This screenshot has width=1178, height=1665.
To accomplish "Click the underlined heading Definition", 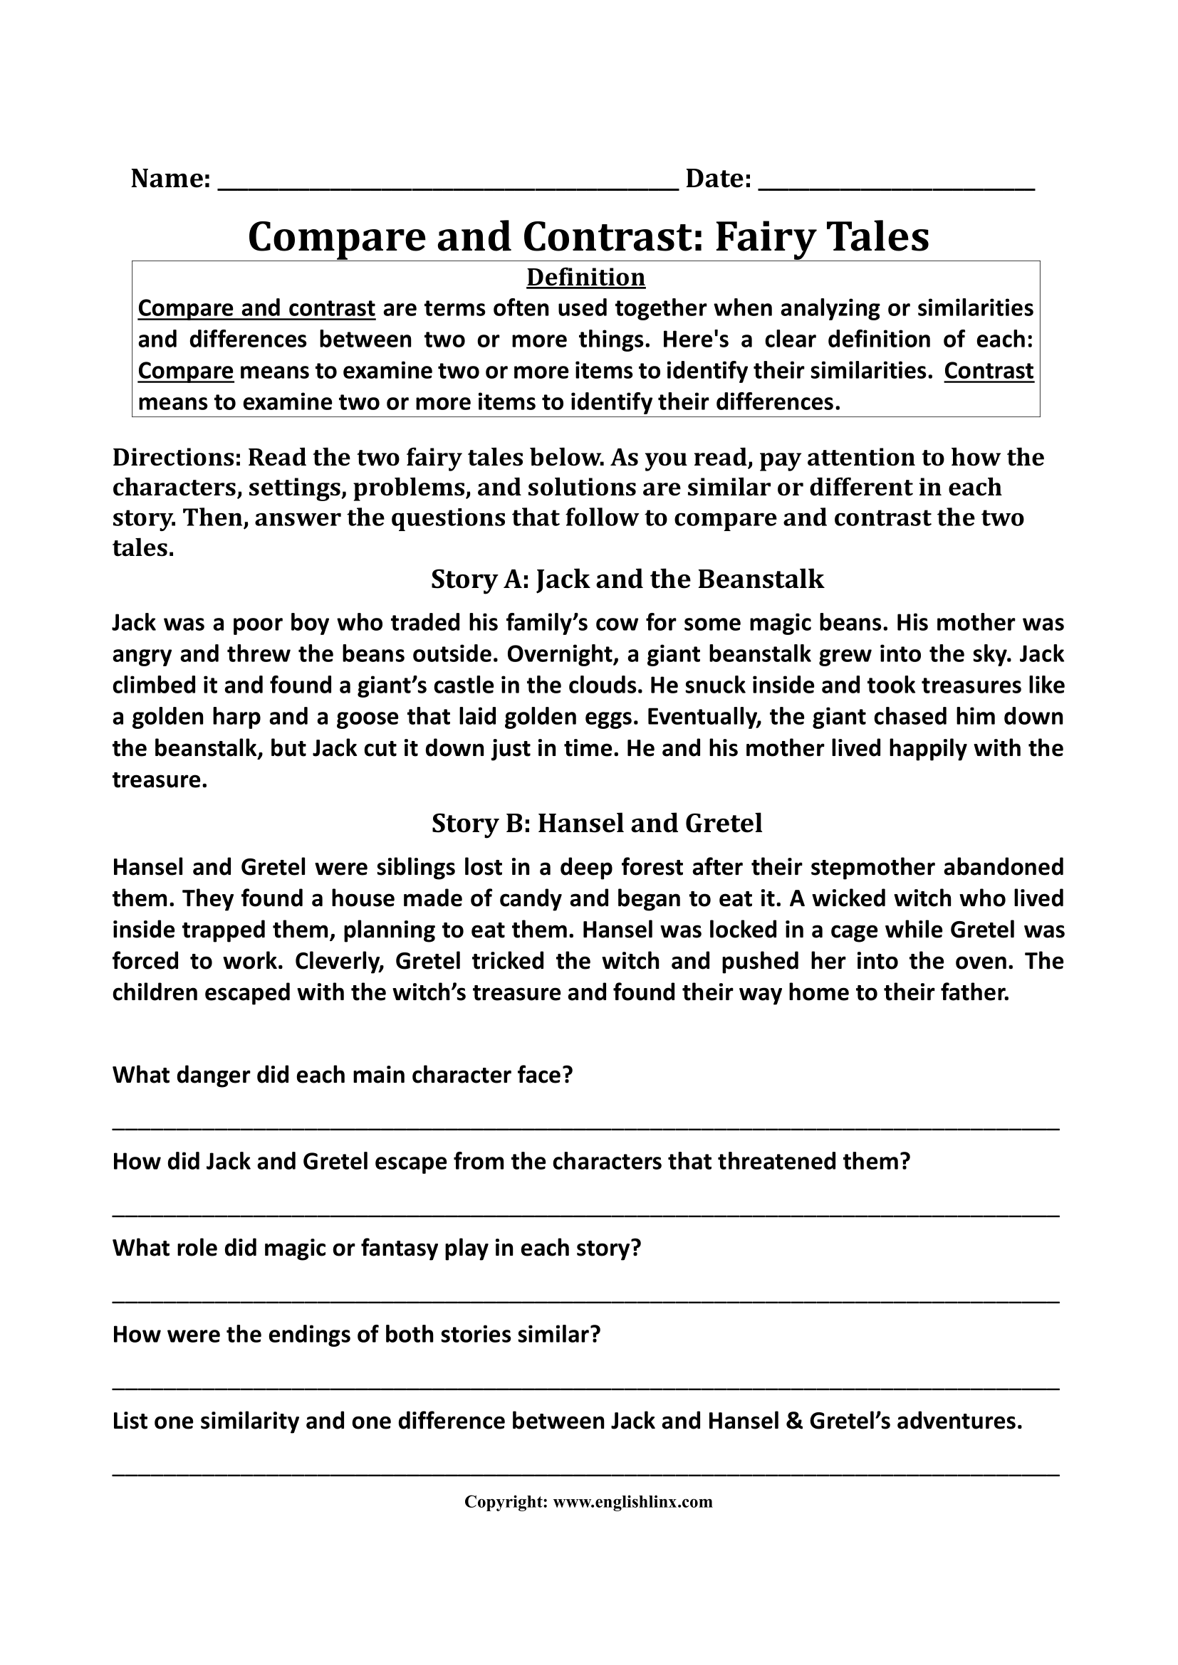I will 585,277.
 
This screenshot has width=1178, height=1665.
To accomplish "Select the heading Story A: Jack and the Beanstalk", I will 627,579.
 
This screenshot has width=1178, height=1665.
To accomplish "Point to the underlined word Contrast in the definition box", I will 989,371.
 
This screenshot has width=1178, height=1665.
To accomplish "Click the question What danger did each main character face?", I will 343,1075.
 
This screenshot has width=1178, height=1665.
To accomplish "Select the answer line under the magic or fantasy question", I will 585,1300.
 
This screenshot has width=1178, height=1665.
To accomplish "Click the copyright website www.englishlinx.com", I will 632,1502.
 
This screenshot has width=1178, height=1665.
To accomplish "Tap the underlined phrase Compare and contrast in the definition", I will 256,308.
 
